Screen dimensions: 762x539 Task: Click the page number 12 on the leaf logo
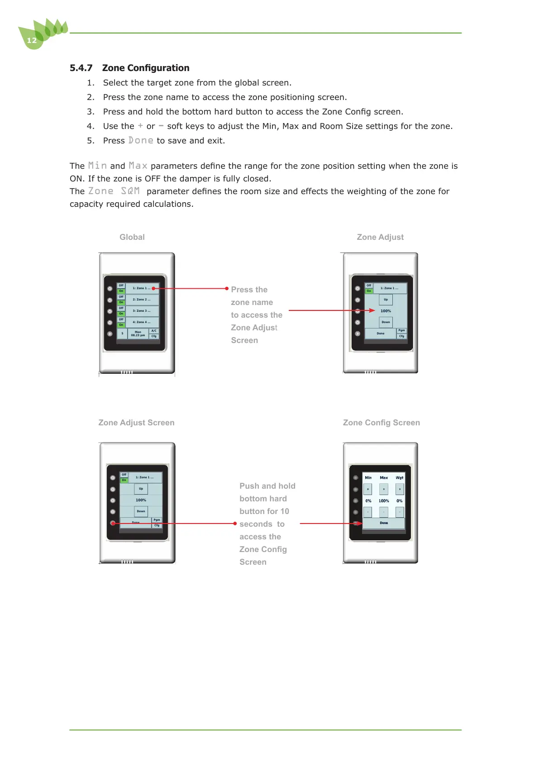point(32,41)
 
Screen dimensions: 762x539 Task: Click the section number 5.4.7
point(81,68)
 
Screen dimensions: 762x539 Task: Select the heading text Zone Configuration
point(146,68)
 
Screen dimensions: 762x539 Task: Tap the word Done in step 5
point(141,141)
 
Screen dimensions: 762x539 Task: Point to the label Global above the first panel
point(132,237)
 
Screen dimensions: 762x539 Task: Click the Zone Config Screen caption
point(381,423)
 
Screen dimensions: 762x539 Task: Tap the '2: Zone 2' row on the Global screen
point(142,300)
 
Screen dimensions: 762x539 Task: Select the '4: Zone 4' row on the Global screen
point(142,322)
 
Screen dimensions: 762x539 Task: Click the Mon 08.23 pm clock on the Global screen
point(138,334)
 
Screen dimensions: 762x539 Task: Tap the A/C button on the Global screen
point(154,331)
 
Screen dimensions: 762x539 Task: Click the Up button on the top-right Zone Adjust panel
point(386,300)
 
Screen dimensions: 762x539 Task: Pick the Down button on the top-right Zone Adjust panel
point(386,322)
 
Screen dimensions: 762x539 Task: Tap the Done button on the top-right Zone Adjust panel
point(381,333)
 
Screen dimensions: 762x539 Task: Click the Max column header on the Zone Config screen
point(384,478)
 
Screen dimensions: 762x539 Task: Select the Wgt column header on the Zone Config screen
point(400,478)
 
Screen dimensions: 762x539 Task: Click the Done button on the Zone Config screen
point(384,523)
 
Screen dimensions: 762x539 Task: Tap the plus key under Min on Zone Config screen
point(368,489)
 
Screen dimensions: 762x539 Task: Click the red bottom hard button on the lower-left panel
point(113,523)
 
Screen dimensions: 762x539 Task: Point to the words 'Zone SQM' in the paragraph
point(114,191)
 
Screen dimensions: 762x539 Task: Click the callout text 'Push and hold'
point(267,486)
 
